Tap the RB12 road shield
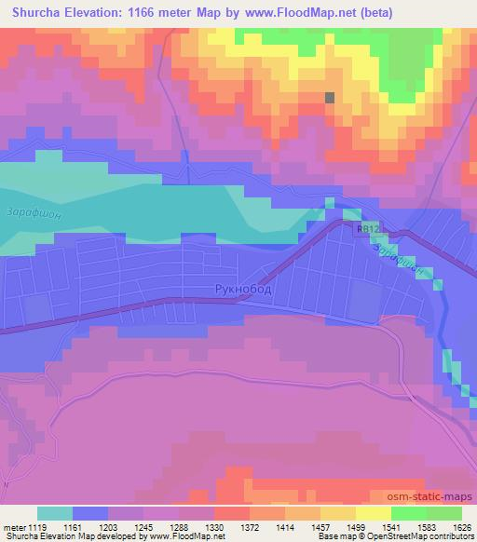tap(367, 227)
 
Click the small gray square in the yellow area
tap(329, 97)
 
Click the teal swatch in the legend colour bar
tap(55, 513)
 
